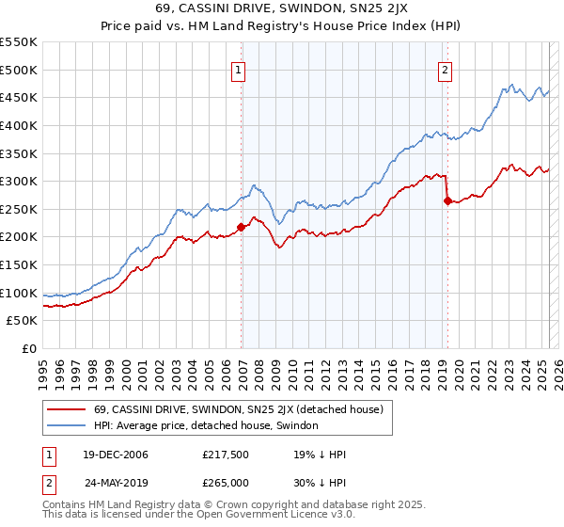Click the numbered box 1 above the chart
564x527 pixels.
point(239,69)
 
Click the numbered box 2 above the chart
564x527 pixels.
point(444,69)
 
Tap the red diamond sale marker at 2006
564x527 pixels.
point(242,227)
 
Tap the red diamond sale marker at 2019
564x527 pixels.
point(447,200)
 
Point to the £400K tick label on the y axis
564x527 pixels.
point(19,125)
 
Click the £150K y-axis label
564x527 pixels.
point(19,264)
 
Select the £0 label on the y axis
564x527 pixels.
point(28,348)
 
